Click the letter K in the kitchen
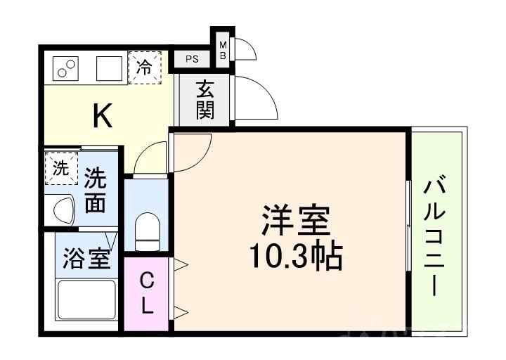coord(103,115)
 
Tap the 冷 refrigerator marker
coord(144,67)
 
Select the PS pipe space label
coord(192,60)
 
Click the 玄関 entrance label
coord(205,100)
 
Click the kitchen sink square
coord(108,68)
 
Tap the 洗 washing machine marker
coord(60,169)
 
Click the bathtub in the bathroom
coord(86,301)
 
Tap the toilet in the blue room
coord(148,230)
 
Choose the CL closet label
coord(148,294)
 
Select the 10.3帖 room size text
coord(295,258)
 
